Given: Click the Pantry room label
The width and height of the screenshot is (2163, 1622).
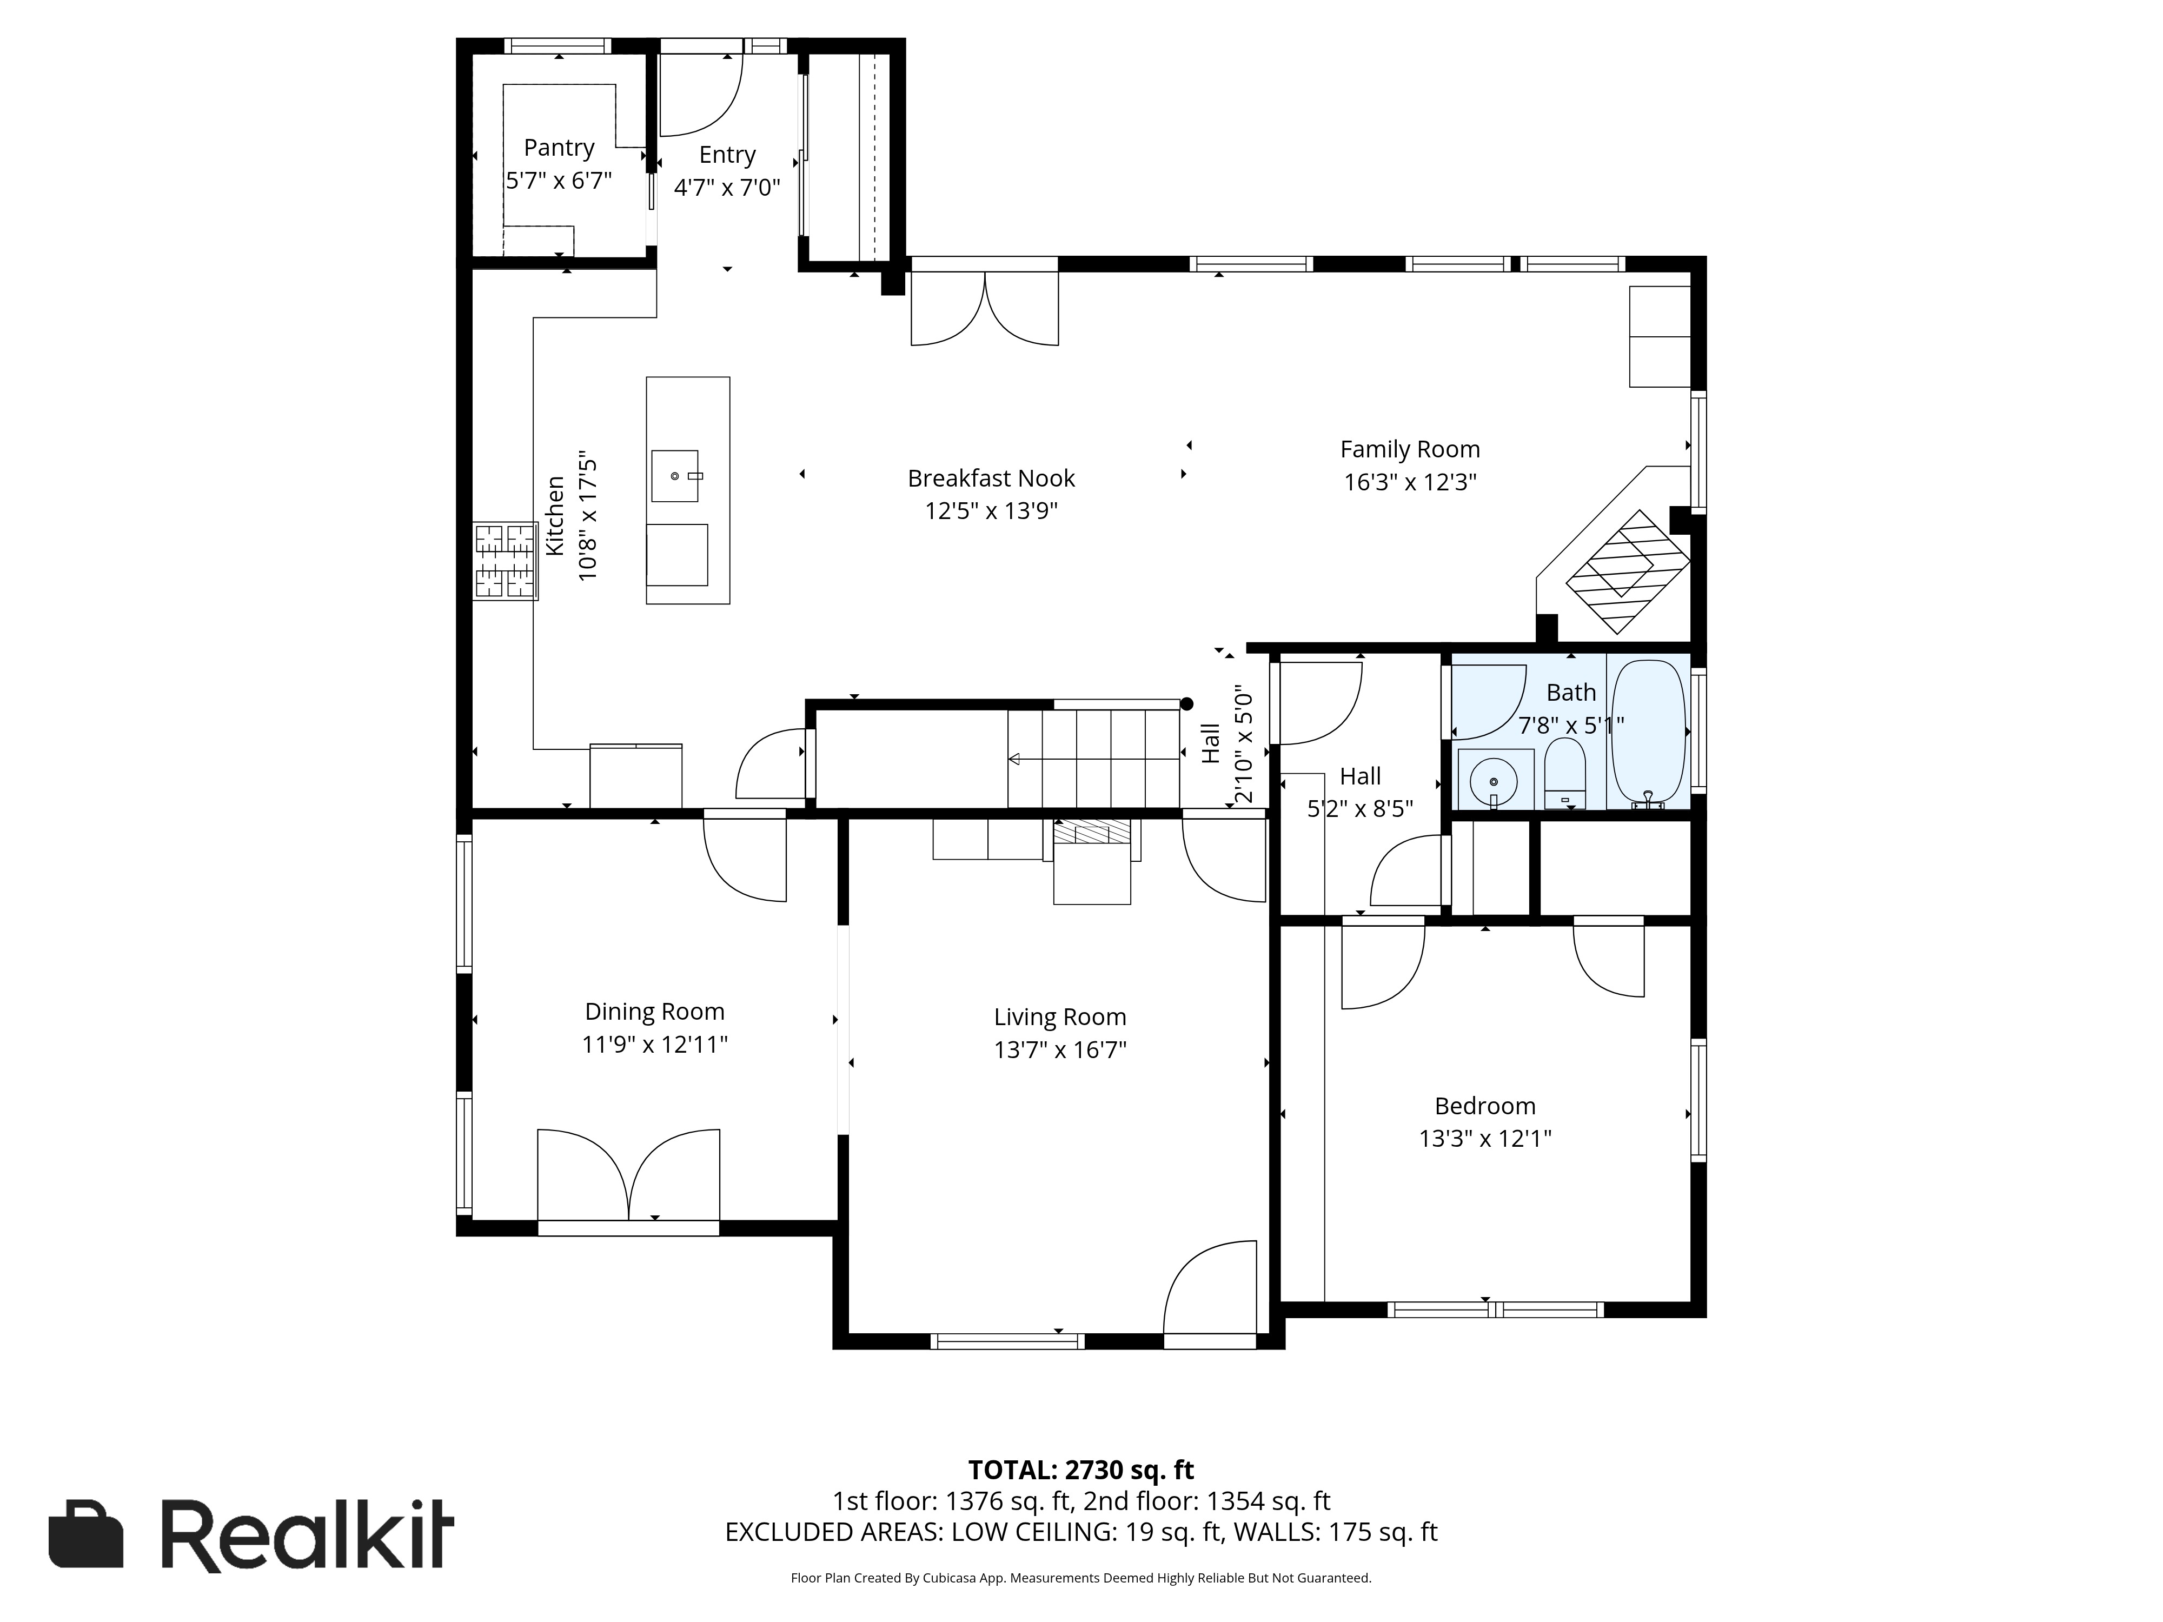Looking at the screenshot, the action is [x=559, y=148].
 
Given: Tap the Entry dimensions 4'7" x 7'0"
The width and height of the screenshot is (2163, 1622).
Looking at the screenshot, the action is [x=727, y=187].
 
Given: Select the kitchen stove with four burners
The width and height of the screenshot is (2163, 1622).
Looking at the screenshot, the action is [x=506, y=561].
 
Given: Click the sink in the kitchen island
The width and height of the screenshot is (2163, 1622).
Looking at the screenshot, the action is [x=675, y=476].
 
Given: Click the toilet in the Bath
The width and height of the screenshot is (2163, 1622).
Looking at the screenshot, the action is [x=1564, y=773].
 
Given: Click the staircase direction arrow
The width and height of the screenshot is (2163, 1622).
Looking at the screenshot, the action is [x=1093, y=759].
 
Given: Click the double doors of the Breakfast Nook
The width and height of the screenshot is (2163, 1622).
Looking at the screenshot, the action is [x=985, y=309].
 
